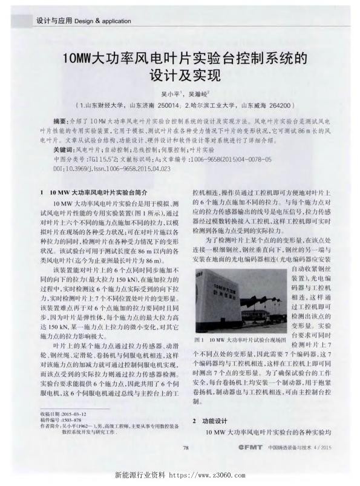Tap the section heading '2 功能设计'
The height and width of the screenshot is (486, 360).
(209, 419)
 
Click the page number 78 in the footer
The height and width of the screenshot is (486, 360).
(186, 448)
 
